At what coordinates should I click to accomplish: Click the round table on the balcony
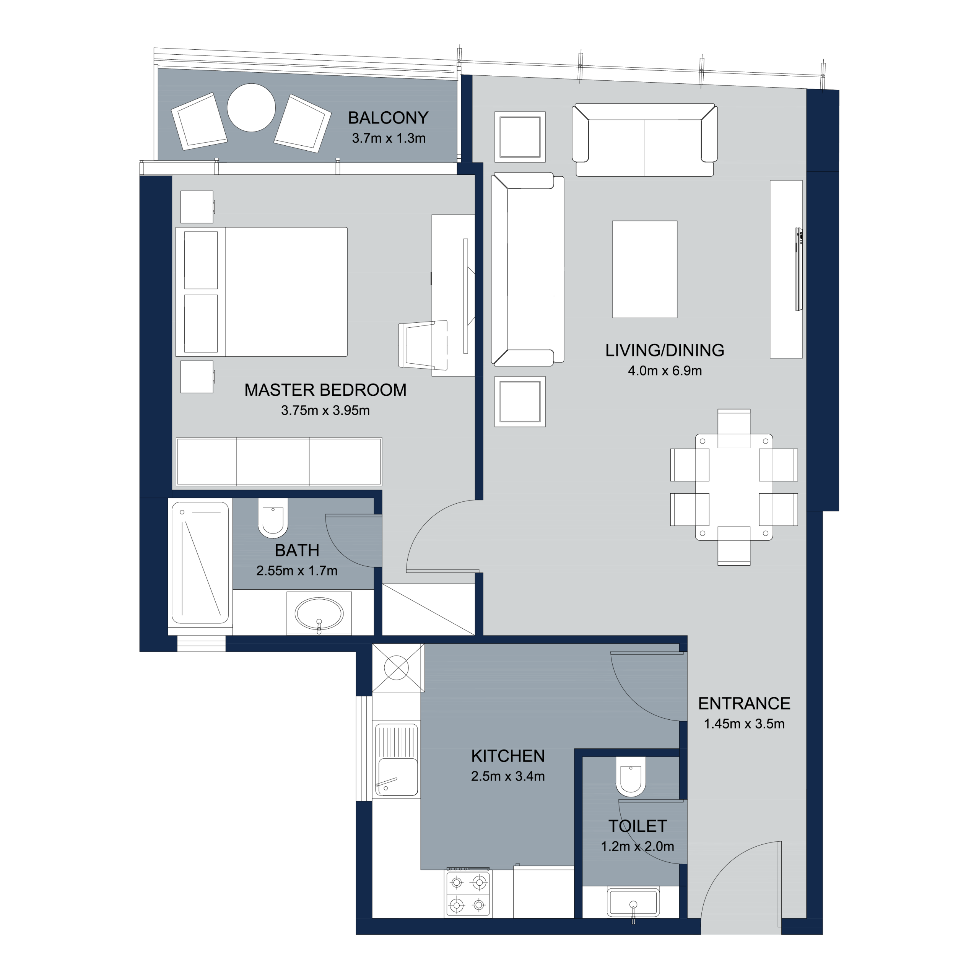(251, 107)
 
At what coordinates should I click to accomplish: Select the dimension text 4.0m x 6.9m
(665, 371)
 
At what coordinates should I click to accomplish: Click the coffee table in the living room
(644, 269)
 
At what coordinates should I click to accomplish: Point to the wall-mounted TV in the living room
(798, 269)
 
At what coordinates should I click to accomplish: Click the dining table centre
(734, 487)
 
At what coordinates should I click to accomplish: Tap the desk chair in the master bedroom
(423, 344)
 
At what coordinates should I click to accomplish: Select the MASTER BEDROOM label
(325, 390)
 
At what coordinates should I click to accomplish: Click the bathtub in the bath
(200, 563)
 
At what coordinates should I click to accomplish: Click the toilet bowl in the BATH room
(273, 518)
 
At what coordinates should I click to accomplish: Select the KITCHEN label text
(508, 756)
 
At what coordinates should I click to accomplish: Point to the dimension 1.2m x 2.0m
(637, 846)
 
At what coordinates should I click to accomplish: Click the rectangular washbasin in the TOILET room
(633, 903)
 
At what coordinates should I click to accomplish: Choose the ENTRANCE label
(744, 703)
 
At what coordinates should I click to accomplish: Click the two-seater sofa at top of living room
(644, 140)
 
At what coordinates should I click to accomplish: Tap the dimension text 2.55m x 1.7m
(297, 571)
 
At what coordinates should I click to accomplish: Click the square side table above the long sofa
(520, 137)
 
